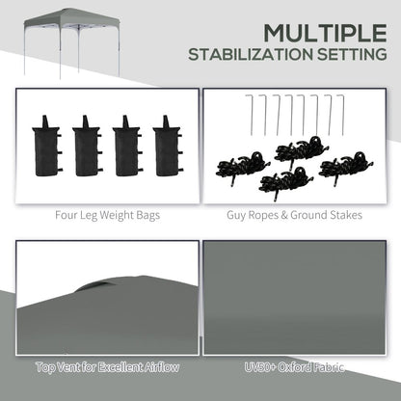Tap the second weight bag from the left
click(x=87, y=145)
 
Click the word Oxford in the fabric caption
click(x=298, y=367)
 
